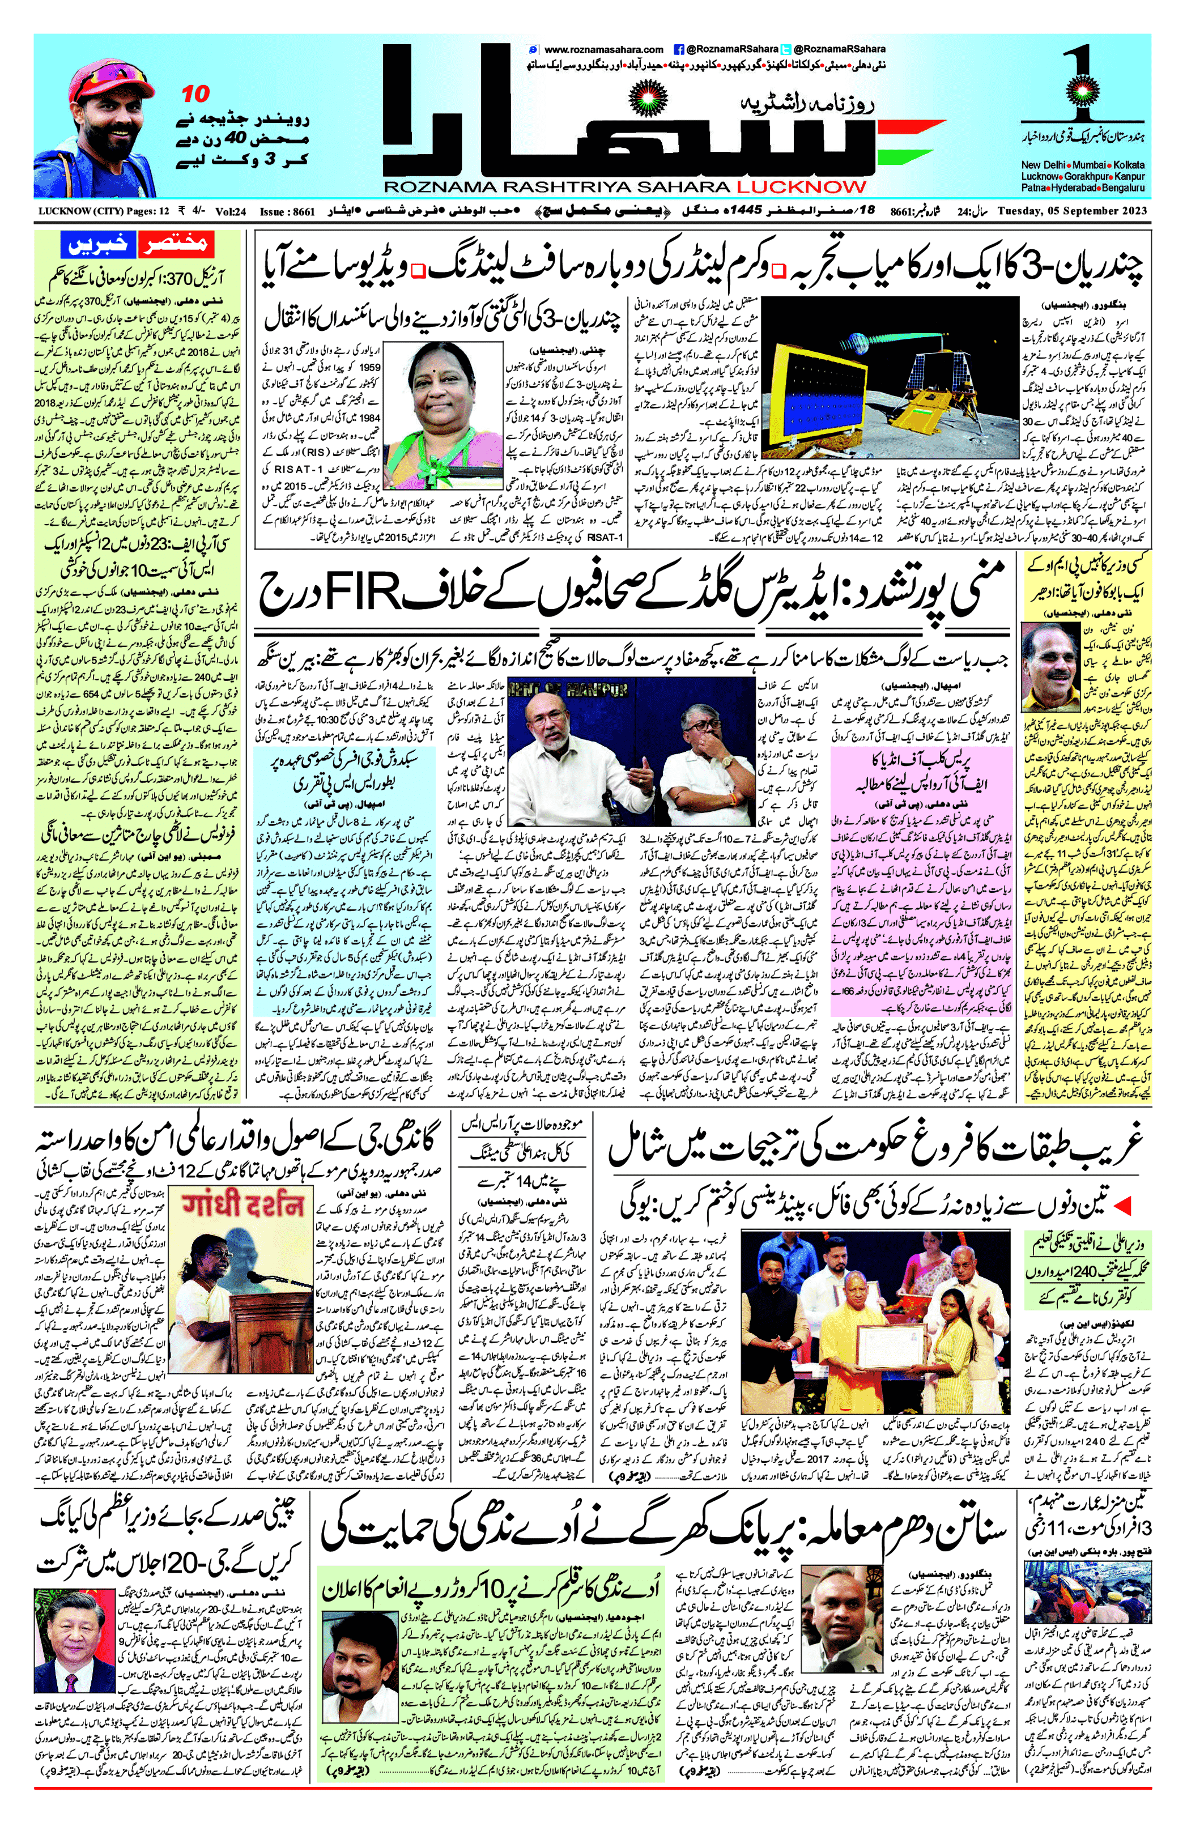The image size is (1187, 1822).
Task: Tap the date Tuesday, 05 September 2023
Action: (1072, 211)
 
